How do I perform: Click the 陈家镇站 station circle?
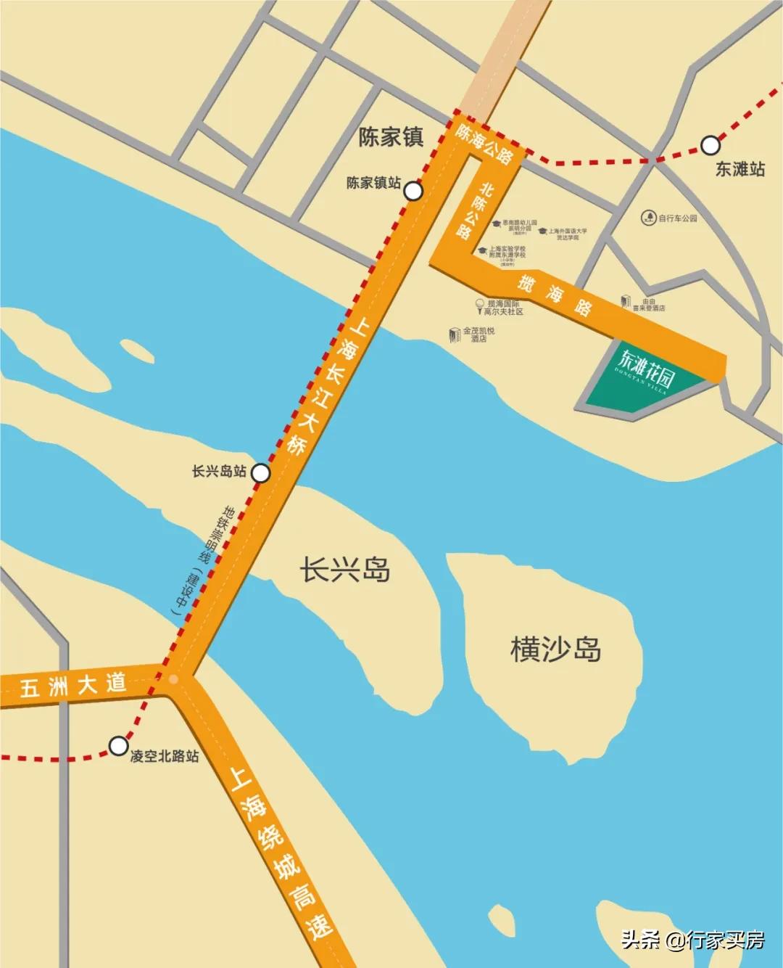[x=413, y=191]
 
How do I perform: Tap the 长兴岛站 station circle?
[x=260, y=473]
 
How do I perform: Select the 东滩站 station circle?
[x=710, y=145]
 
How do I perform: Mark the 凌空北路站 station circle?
[x=118, y=745]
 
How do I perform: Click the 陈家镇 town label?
[x=391, y=136]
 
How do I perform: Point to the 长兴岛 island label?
[x=345, y=570]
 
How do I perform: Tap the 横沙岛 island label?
[x=555, y=648]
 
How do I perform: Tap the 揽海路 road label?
[x=555, y=294]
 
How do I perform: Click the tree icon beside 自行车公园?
[x=648, y=218]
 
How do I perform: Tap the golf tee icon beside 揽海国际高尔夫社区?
[x=479, y=306]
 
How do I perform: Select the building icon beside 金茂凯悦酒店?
[x=455, y=335]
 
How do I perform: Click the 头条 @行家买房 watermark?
[x=692, y=940]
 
